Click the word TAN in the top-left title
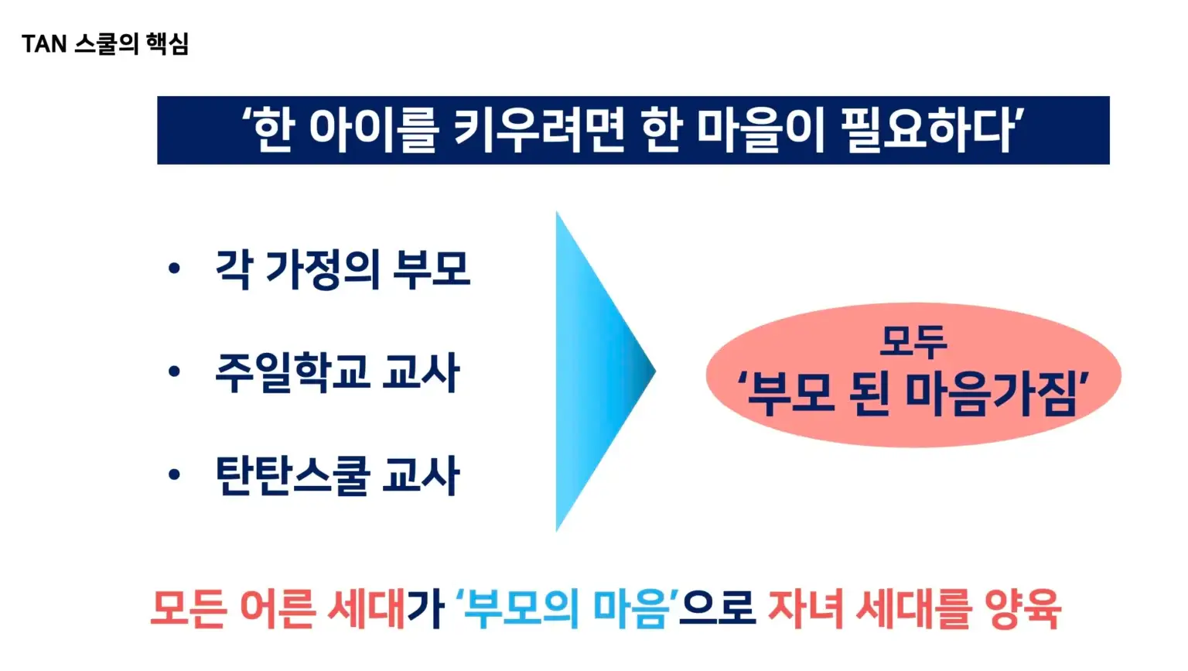(x=44, y=43)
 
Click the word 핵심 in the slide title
(x=168, y=43)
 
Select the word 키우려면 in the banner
(x=538, y=130)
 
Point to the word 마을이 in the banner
(x=761, y=130)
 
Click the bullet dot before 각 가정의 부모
(x=174, y=268)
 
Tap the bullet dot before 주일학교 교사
(x=174, y=371)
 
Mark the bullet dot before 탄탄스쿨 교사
(x=174, y=474)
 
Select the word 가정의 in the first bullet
(x=323, y=269)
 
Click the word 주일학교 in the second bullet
(x=291, y=372)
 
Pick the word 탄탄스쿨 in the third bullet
(x=291, y=475)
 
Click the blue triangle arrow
(x=599, y=371)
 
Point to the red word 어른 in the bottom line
(x=278, y=609)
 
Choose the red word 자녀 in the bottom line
(x=806, y=609)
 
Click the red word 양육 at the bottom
(x=1023, y=609)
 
